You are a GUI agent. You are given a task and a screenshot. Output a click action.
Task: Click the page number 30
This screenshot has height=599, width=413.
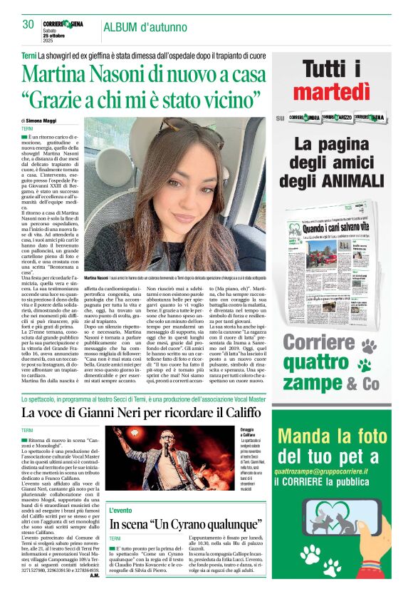28,24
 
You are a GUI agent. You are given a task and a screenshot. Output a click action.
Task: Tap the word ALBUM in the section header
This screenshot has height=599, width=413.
120,28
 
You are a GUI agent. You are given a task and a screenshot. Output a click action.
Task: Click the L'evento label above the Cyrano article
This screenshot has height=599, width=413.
121,511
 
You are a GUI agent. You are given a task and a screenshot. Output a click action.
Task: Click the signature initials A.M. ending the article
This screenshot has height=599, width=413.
95,575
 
